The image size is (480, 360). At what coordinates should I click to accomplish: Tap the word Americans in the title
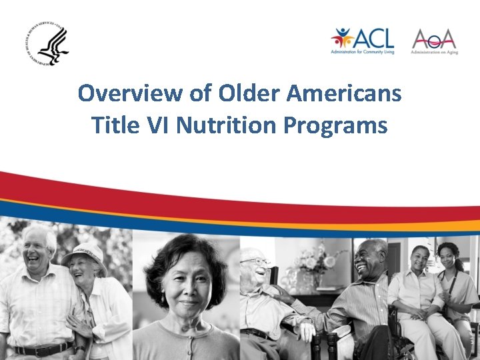pos(343,93)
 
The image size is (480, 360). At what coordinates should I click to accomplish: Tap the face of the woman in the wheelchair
pos(420,260)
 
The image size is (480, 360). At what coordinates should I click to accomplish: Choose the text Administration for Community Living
pos(363,52)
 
